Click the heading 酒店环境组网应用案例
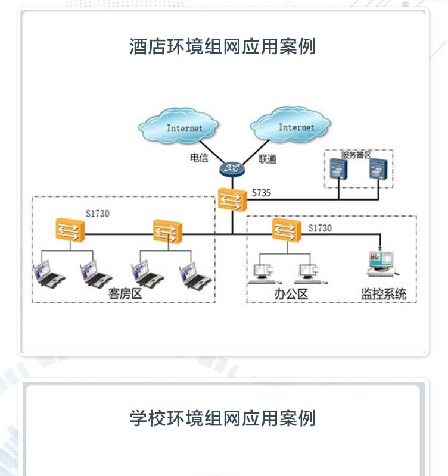[x=223, y=46]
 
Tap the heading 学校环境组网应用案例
[x=223, y=418]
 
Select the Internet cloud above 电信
[x=179, y=126]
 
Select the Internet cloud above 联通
[x=291, y=125]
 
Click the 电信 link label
[x=199, y=159]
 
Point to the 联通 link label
[x=267, y=159]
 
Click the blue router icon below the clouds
[x=232, y=169]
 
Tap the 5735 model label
[x=261, y=193]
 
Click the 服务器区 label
[x=356, y=155]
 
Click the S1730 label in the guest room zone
[x=98, y=214]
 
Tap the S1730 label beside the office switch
[x=320, y=228]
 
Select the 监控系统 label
[x=383, y=293]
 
